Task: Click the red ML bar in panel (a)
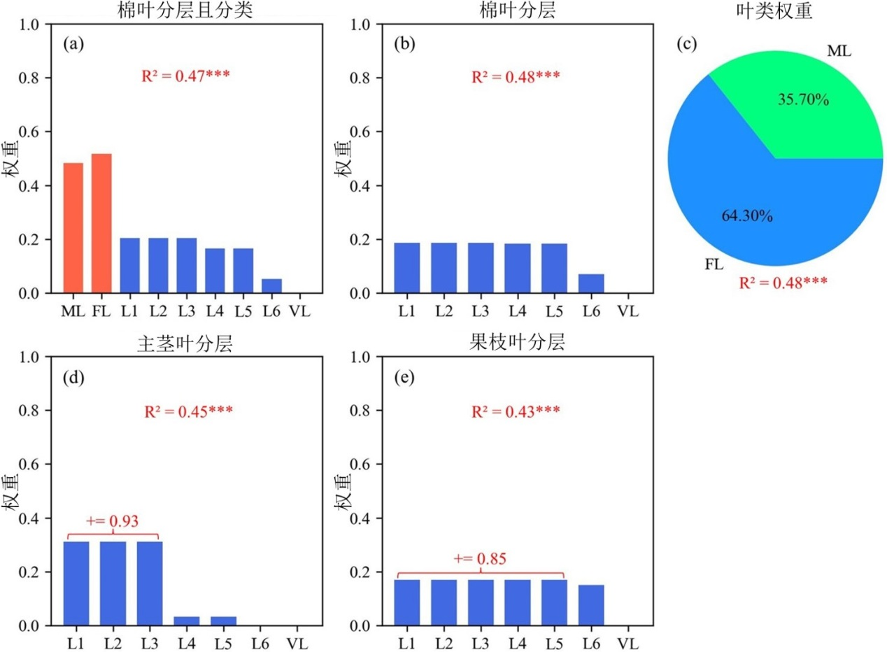(x=73, y=228)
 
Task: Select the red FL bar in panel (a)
(x=101, y=223)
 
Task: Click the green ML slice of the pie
(x=811, y=105)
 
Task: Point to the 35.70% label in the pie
(x=804, y=101)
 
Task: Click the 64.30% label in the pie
(x=746, y=216)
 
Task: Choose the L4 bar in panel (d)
(x=187, y=621)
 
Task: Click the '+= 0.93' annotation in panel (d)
(x=112, y=521)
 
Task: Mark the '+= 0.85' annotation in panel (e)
(x=480, y=559)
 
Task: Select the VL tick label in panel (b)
(x=628, y=309)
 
